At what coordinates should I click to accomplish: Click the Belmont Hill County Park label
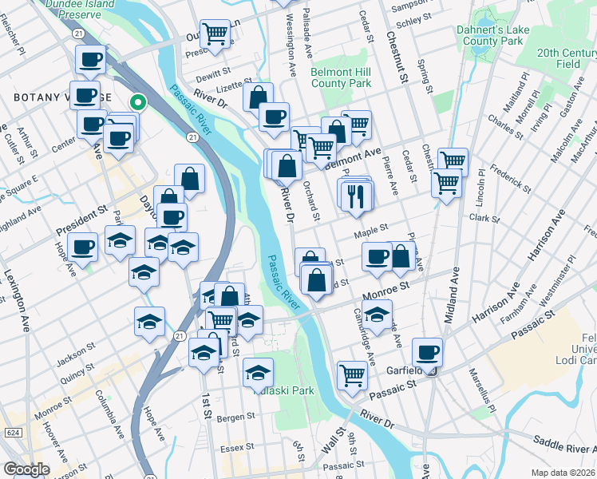point(341,77)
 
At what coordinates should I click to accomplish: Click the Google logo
point(26,469)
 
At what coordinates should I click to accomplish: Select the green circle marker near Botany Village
point(137,102)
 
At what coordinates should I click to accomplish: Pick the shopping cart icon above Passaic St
point(352,374)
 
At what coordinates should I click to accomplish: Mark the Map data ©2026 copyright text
point(563,473)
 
